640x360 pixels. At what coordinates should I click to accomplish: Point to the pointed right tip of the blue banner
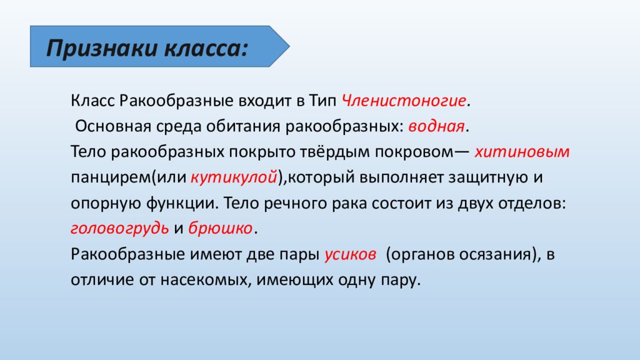click(289, 47)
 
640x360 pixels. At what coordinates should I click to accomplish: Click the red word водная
click(437, 126)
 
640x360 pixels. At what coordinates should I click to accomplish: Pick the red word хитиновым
click(522, 152)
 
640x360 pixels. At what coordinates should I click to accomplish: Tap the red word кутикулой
click(234, 177)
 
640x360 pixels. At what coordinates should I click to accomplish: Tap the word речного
click(291, 203)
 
